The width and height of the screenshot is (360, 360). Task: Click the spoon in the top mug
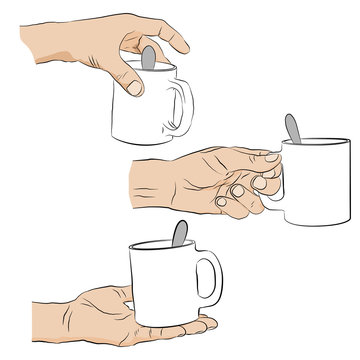click(147, 57)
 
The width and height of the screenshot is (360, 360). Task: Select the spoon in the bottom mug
click(177, 236)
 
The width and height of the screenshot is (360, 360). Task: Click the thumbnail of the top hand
click(132, 87)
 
